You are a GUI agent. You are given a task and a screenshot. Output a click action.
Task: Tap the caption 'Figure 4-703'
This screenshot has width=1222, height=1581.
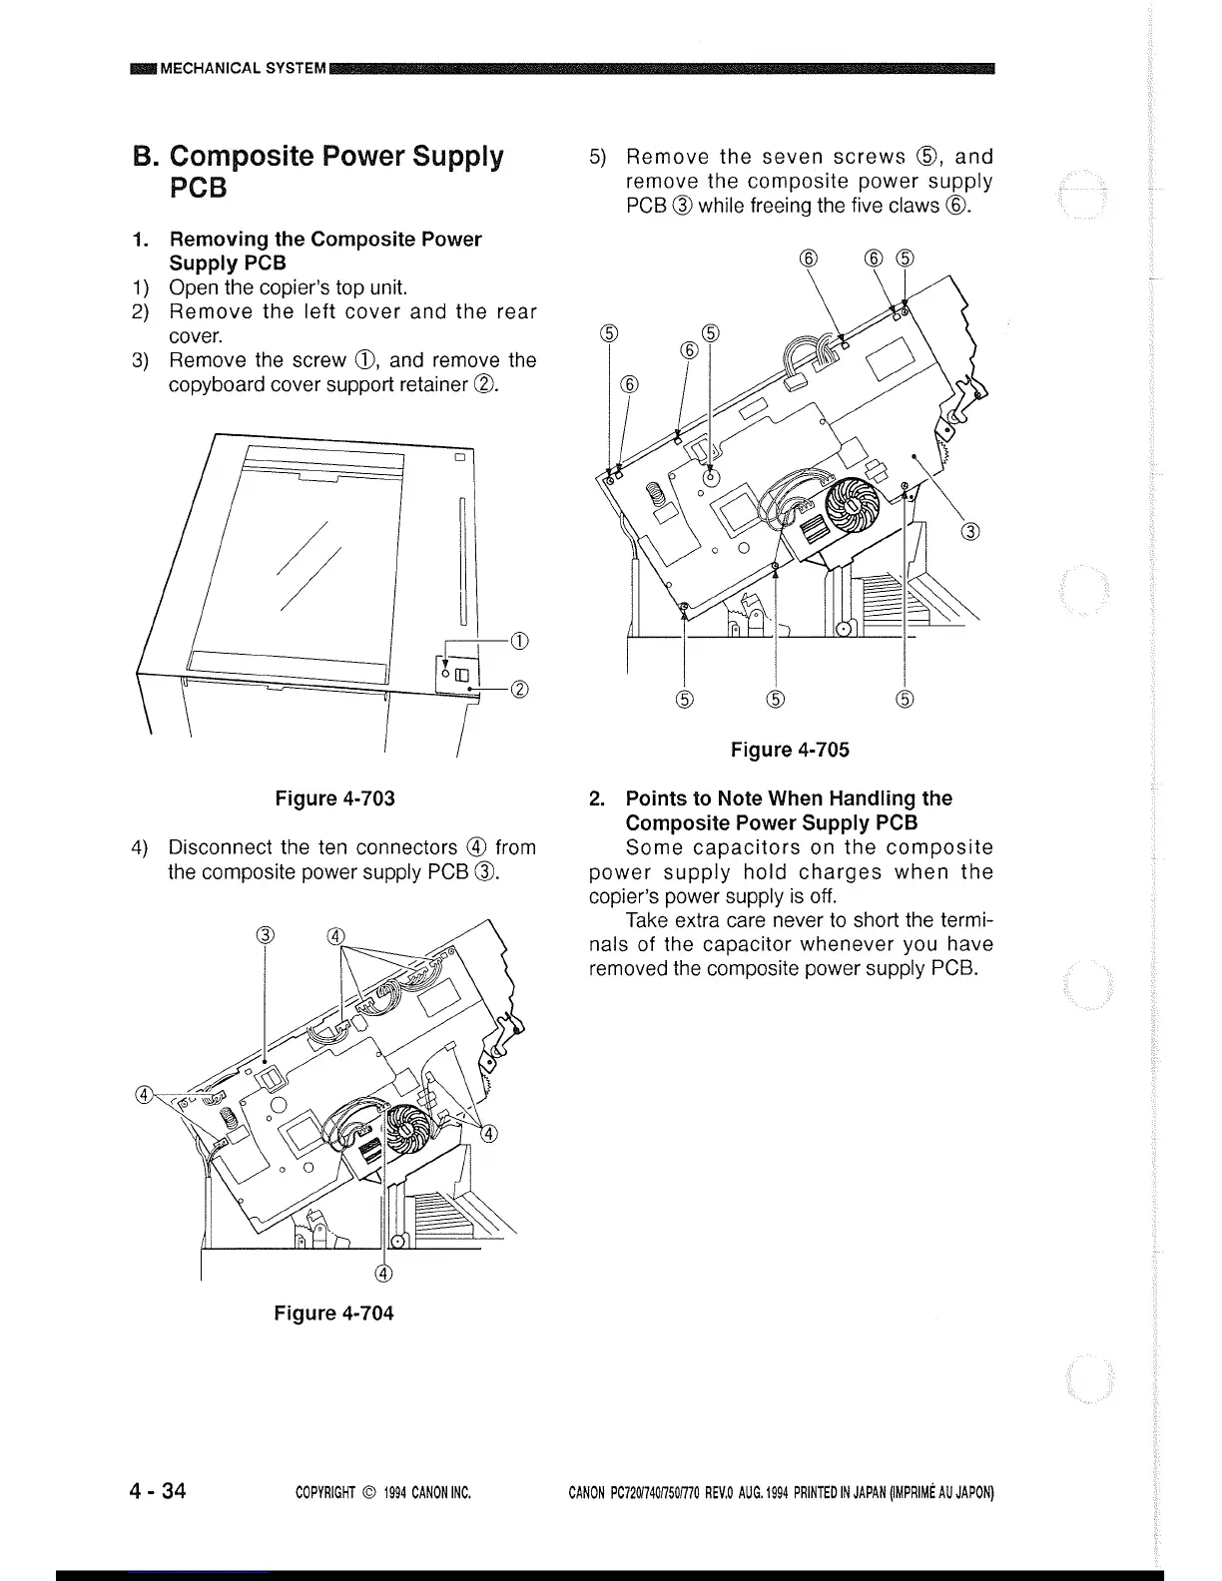(334, 798)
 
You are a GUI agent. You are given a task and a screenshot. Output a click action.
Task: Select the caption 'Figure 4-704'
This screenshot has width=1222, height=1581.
(333, 1314)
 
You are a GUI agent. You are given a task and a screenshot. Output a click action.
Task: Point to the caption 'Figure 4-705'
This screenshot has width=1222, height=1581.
(790, 750)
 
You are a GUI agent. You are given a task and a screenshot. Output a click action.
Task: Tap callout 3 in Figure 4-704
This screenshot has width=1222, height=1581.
(264, 935)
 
